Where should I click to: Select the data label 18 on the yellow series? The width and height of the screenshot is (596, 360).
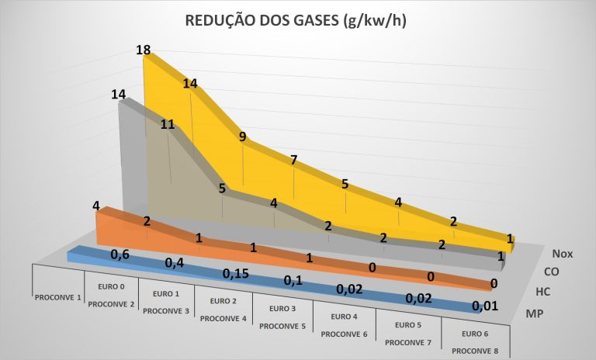point(143,50)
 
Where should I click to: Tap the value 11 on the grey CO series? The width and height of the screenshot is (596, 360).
point(168,123)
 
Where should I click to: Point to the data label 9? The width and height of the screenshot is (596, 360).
point(243,137)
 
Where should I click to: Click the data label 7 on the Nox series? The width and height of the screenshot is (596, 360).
point(294,161)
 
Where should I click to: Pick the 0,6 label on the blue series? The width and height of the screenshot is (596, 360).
point(120,254)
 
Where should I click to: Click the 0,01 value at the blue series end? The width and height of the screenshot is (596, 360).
point(487,306)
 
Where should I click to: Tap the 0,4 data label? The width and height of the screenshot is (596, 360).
point(175,264)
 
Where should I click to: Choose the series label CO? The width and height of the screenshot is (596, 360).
point(551,272)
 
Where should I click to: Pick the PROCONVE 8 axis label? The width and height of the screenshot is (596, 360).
point(474,350)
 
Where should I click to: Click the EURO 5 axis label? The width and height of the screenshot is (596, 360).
point(409,324)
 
